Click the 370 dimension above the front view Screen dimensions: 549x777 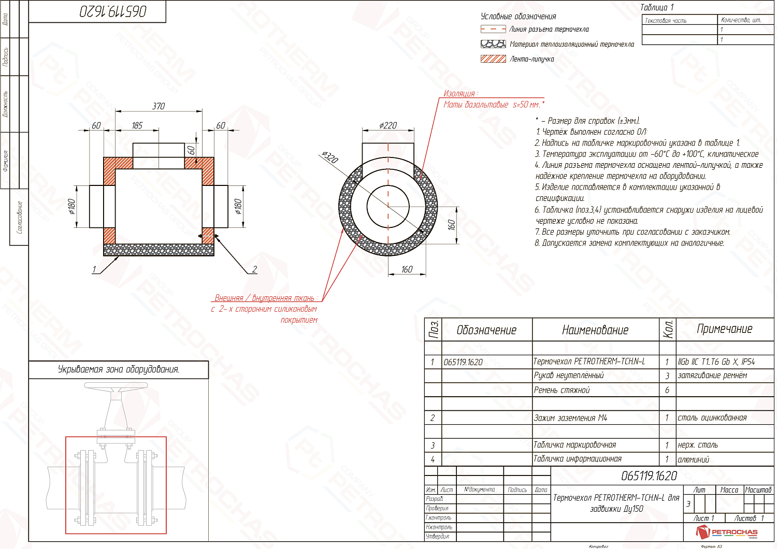[x=159, y=106]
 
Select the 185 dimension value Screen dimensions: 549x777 [x=137, y=125]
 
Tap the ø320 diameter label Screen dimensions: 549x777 [x=329, y=157]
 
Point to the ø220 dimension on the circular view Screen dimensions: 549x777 [x=388, y=125]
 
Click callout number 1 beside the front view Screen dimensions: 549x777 [x=94, y=269]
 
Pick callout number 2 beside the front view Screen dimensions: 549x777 [x=254, y=269]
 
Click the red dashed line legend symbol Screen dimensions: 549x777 [x=493, y=30]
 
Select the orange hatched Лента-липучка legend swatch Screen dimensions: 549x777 [x=493, y=59]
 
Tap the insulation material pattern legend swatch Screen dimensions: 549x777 [x=493, y=44]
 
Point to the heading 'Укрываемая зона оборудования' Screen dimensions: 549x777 [x=119, y=369]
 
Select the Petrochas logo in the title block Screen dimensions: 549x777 [x=727, y=532]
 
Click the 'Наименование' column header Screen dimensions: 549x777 [x=595, y=330]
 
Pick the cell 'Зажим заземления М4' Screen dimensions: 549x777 [x=570, y=418]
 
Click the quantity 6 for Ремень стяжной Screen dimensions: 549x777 [x=667, y=390]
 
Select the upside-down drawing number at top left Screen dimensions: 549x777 [x=113, y=11]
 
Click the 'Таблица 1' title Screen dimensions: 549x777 [x=657, y=7]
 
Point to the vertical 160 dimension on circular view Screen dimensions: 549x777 [x=452, y=225]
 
